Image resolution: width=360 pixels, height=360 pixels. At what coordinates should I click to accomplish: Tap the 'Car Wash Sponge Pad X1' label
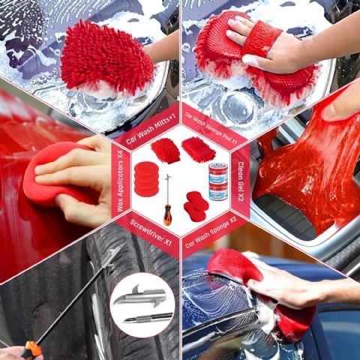click(x=210, y=127)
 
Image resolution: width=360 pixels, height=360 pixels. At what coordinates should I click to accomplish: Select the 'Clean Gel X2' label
click(x=240, y=181)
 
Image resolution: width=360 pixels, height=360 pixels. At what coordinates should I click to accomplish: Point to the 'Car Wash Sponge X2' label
click(x=211, y=235)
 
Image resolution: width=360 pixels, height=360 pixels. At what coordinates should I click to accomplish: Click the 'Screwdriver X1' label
click(x=151, y=232)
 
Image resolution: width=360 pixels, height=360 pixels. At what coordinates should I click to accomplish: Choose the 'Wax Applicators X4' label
click(x=121, y=181)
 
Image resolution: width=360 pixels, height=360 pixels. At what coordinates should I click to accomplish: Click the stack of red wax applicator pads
click(x=146, y=178)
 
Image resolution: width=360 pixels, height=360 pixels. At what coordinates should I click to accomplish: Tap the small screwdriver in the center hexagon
click(x=168, y=199)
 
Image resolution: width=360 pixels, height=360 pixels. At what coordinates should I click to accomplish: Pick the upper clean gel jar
click(x=218, y=172)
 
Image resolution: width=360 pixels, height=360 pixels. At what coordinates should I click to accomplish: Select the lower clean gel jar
click(x=218, y=191)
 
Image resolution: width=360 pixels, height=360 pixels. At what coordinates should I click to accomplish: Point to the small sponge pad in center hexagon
click(x=199, y=149)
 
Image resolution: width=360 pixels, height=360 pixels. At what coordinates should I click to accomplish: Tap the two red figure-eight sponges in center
click(x=196, y=206)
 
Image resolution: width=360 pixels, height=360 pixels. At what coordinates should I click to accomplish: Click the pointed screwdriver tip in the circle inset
click(x=148, y=317)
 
